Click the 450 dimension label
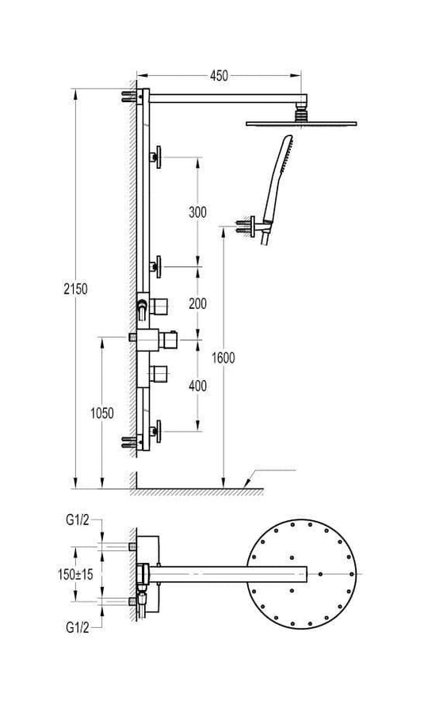[219, 75]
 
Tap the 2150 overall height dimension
[75, 289]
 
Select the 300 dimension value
[197, 212]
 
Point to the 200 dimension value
[197, 303]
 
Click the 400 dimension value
[197, 386]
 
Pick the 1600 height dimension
[223, 358]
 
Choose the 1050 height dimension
[102, 413]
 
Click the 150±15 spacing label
[75, 574]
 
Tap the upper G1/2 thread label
[77, 520]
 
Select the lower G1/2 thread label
[77, 628]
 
